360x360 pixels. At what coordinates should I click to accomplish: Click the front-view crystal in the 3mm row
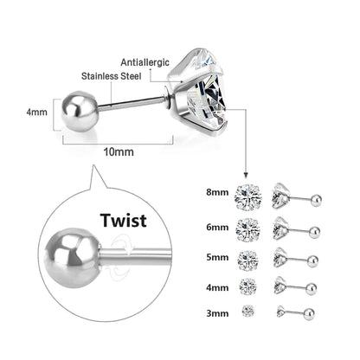point(247,309)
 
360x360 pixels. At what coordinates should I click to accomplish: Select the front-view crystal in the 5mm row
point(247,257)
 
